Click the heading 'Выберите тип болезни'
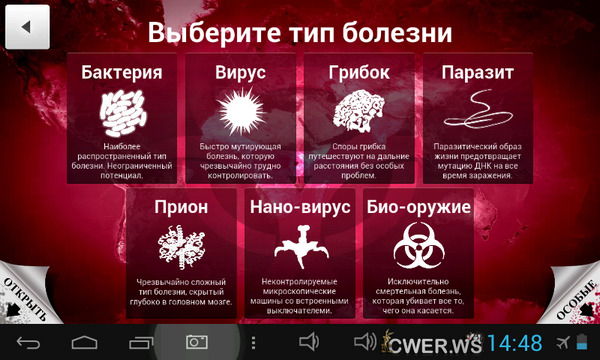tap(299, 31)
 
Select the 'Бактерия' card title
tap(122, 73)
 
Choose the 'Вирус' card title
tap(239, 73)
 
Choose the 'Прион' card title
tap(181, 208)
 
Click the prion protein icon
tap(181, 245)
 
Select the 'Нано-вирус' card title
tap(298, 208)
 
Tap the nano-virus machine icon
tap(298, 245)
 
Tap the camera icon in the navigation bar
tap(195, 342)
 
